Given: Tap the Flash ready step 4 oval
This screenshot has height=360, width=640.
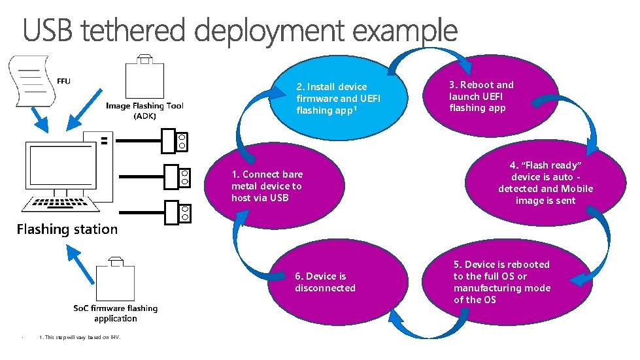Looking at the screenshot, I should coord(546,183).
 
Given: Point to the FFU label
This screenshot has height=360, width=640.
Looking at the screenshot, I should coord(63,81).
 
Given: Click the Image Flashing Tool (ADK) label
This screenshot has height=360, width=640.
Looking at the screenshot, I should coord(144,110).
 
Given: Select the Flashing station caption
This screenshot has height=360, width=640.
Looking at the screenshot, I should coord(67,229).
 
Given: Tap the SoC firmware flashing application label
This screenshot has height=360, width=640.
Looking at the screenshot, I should coord(115,313).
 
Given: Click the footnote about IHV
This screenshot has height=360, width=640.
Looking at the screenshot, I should coord(79,337).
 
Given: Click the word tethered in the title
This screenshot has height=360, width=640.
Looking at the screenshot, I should coord(139,31).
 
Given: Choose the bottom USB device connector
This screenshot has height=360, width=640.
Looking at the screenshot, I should coord(182,212).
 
